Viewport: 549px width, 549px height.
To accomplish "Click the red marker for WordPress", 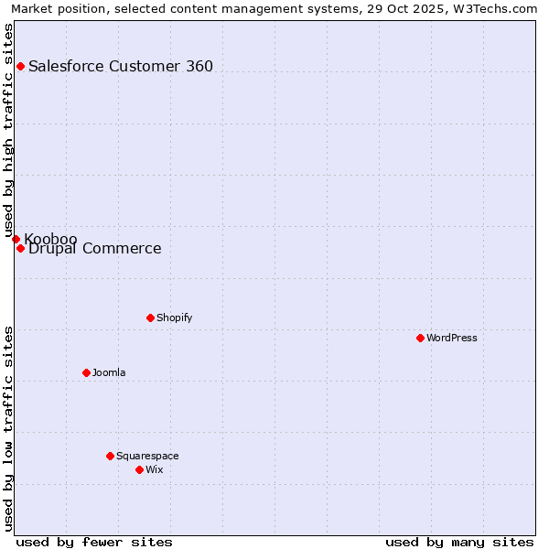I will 420,338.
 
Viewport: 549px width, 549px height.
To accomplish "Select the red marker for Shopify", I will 150,318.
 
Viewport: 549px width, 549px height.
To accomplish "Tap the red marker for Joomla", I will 86,372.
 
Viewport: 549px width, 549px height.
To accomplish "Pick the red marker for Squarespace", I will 110,456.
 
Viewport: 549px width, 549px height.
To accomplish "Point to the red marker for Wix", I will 139,469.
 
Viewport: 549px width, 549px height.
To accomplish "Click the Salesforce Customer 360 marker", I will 20,66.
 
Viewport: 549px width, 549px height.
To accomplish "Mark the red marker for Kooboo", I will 16,239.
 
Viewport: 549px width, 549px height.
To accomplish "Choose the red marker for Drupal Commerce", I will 20,248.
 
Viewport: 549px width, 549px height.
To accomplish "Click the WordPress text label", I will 452,338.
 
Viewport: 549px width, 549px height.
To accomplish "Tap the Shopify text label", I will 174,318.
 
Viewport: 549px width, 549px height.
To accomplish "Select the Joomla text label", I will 109,372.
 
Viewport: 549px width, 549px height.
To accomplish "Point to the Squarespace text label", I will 147,456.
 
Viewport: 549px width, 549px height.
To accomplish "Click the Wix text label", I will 154,469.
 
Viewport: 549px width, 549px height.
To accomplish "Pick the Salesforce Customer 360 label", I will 121,66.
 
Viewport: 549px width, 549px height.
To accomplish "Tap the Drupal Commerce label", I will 95,249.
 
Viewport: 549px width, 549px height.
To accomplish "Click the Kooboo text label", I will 50,239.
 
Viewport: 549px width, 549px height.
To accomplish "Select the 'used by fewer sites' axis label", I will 94,542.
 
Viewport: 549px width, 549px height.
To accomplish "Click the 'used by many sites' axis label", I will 459,542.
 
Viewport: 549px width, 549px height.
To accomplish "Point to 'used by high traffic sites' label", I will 8,131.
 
